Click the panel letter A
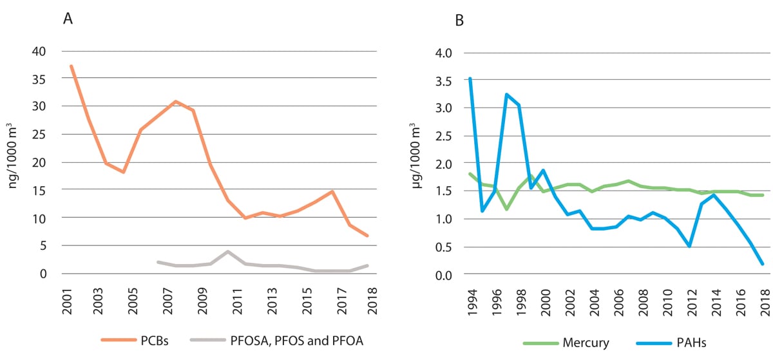[68, 19]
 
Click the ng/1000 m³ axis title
[15, 162]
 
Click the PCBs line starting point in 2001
[71, 66]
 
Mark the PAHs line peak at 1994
[470, 79]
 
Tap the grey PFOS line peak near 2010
[228, 251]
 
